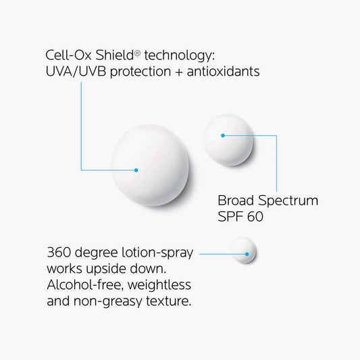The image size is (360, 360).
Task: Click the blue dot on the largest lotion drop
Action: pos(136,170)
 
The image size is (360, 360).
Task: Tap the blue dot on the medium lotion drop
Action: pos(223,136)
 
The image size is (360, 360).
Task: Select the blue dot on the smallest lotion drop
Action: pos(247,254)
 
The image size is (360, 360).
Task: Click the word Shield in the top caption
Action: pos(115,55)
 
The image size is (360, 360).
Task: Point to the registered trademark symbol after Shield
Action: pos(137,53)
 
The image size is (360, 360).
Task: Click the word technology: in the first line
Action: pos(180,57)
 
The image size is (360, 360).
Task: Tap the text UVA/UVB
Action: pos(76,71)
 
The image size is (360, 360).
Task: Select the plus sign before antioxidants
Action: pos(179,72)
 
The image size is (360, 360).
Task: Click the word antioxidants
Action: pos(224,71)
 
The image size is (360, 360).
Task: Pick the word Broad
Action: pos(236,200)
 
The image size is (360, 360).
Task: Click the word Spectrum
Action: pos(288,201)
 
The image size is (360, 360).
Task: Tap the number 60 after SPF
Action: pos(255,216)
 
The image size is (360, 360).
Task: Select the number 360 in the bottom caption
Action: pos(59,252)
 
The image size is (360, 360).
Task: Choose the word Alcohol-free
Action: pos(85,285)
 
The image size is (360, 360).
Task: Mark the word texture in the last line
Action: pos(167,301)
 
